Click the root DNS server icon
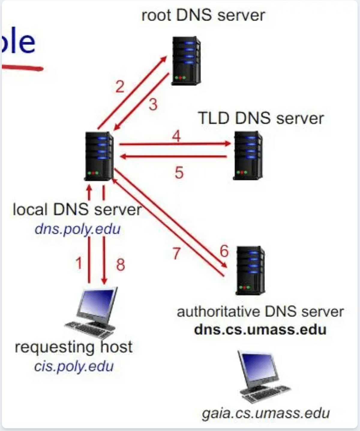pos(186,61)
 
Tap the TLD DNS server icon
pos(247,155)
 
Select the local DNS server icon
pos(99,156)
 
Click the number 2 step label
pos(120,87)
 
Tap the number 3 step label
pos(153,105)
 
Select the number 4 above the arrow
pos(176,136)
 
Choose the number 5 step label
pos(179,173)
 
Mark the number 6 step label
pos(224,251)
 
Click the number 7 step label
pos(176,253)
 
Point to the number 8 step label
pos(120,265)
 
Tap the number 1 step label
pos(79,263)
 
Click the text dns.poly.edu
pos(77,229)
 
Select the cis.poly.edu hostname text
pos(74,366)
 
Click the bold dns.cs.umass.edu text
pos(260,330)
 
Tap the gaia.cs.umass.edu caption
pos(265,413)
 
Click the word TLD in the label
pos(214,118)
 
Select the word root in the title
pos(157,16)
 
